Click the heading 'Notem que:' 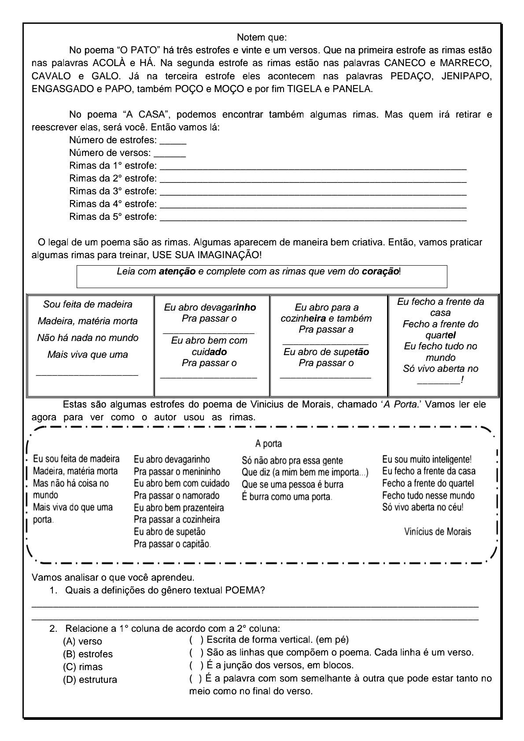[262, 37]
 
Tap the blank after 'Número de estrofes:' [173, 142]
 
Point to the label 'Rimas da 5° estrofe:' [113, 217]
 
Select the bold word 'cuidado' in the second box [209, 352]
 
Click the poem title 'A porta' [269, 444]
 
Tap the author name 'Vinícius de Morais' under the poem [437, 531]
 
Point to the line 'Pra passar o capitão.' [172, 544]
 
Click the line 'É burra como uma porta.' [287, 497]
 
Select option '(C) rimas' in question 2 [83, 667]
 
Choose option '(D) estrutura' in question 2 [90, 680]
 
